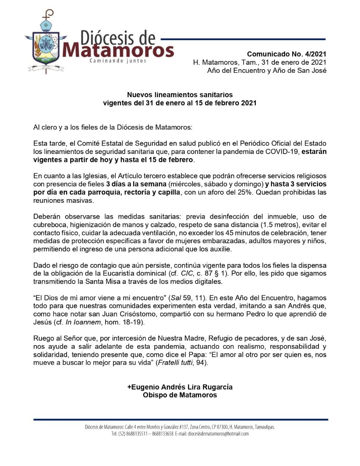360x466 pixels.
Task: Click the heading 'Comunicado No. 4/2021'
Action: point(287,54)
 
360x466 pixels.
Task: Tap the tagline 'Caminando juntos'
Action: point(118,61)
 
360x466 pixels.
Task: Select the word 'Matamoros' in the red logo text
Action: point(118,51)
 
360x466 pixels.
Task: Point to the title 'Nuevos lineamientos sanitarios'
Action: point(180,95)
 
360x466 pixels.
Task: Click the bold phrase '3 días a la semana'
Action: point(136,184)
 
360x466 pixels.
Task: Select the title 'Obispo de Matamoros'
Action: point(180,395)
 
